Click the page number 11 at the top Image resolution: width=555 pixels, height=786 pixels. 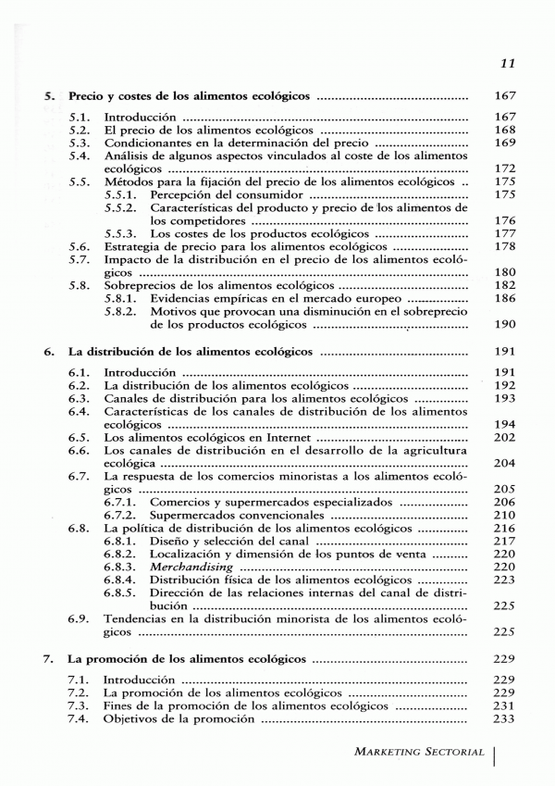coord(506,64)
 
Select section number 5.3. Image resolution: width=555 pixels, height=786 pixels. coord(80,143)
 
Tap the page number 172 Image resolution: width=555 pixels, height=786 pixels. coord(504,169)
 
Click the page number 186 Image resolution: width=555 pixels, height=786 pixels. coord(504,299)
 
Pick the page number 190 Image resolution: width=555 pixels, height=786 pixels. coord(504,325)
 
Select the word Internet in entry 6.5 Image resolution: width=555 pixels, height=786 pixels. coord(288,436)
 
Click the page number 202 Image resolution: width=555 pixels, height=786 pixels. coord(504,436)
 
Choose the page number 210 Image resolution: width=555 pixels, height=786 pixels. coord(504,514)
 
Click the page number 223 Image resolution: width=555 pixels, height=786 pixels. coord(504,579)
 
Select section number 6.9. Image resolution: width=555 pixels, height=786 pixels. coord(80,618)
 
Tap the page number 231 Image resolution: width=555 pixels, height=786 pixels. coord(504,705)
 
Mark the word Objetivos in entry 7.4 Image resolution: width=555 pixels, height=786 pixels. coord(133,717)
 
